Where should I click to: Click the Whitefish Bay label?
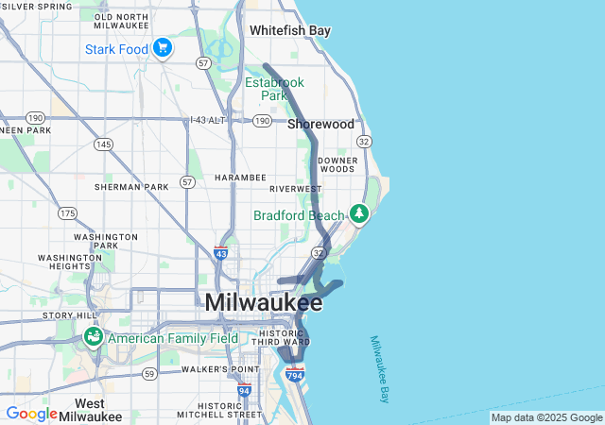point(290,30)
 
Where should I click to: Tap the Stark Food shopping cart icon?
point(163,46)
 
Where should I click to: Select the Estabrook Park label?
point(273,89)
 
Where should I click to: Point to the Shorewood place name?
point(320,124)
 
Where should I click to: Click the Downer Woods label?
point(337,163)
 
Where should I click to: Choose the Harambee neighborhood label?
point(240,177)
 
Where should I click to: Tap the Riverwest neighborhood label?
point(295,189)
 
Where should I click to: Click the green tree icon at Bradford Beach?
point(359,214)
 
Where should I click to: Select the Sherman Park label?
point(131,187)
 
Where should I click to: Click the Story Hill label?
point(70,315)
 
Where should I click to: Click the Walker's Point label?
point(219,368)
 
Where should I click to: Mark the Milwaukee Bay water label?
point(380,369)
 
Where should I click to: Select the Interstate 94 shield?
point(245,389)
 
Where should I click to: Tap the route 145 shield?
point(103,144)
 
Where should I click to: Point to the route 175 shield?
point(66,213)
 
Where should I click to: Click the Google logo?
point(31,414)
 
